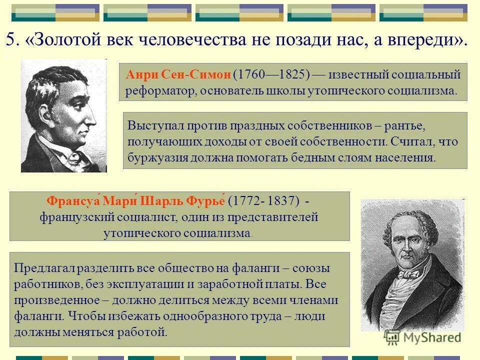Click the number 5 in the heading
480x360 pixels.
10,40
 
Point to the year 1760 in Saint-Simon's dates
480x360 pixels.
248,75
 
